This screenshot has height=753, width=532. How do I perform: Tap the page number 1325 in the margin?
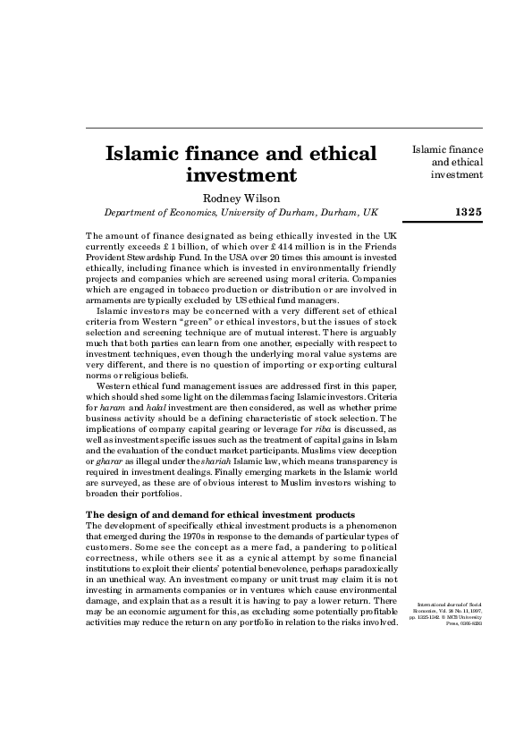468,212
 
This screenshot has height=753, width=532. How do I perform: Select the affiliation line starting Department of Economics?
241,213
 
